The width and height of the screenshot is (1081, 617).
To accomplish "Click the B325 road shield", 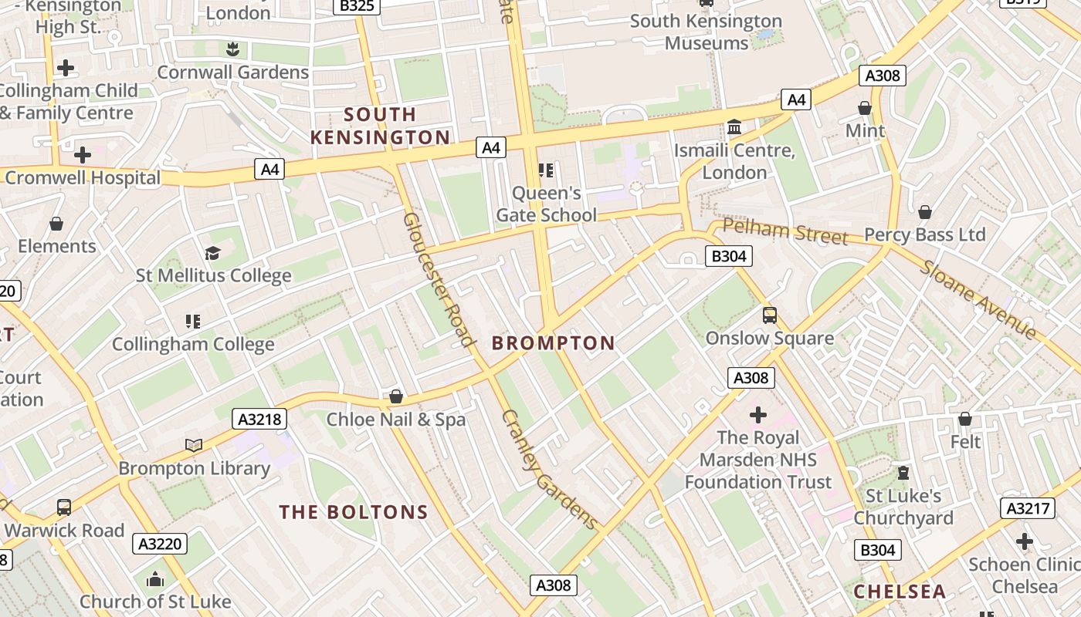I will tap(357, 6).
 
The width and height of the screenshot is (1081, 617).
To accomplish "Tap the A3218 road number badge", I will tap(259, 419).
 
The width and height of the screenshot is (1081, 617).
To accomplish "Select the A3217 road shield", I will tap(1027, 508).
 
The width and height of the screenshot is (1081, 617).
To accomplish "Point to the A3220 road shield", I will tap(160, 544).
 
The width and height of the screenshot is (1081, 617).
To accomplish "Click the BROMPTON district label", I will tap(554, 343).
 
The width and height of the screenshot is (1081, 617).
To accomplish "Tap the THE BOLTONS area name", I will tap(354, 512).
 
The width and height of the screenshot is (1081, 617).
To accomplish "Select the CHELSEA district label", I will tap(900, 592).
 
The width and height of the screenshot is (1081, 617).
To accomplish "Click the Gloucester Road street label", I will tap(437, 279).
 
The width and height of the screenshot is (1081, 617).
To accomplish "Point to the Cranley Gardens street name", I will tap(549, 470).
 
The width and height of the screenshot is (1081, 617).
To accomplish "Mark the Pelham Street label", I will tap(785, 231).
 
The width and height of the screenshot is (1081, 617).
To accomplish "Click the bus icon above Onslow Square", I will tap(770, 315).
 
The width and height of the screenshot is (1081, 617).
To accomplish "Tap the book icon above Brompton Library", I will tap(194, 445).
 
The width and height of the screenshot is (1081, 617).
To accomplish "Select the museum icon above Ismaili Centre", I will tap(734, 126).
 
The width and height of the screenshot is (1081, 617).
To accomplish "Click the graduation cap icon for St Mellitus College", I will tap(212, 253).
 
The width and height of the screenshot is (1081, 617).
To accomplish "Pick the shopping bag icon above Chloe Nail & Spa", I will tap(396, 396).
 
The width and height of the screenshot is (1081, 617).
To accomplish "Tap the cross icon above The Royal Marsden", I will tap(758, 415).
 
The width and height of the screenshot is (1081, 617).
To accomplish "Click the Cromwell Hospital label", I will tap(83, 178).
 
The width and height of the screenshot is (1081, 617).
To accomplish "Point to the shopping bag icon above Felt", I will tap(965, 419).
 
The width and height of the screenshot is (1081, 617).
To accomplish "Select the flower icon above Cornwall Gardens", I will tap(232, 50).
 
